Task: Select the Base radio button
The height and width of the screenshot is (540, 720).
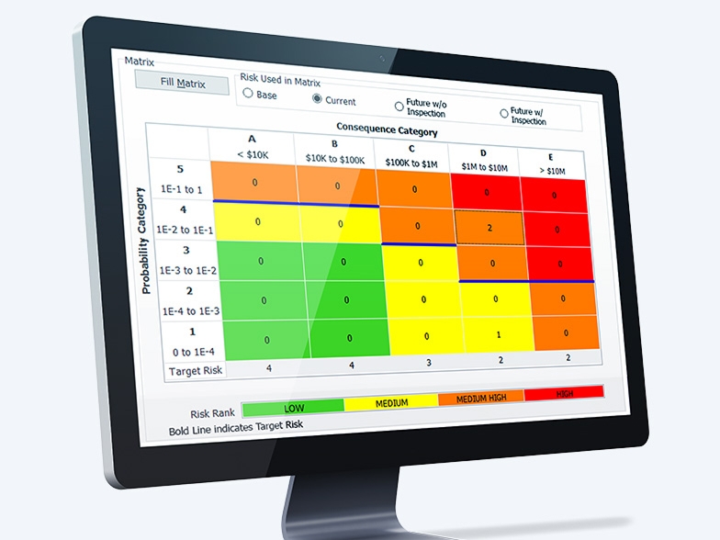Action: [x=248, y=94]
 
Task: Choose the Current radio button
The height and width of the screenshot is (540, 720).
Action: [x=317, y=98]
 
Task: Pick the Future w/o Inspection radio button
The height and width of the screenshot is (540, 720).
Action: [x=399, y=106]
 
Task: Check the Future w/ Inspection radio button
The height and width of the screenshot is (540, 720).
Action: [x=504, y=113]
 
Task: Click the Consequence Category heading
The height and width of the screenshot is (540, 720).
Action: [x=387, y=129]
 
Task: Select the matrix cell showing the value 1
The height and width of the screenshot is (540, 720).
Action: [x=497, y=334]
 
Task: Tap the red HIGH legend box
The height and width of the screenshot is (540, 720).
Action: [x=565, y=392]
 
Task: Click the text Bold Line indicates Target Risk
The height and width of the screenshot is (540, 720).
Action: [x=236, y=426]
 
